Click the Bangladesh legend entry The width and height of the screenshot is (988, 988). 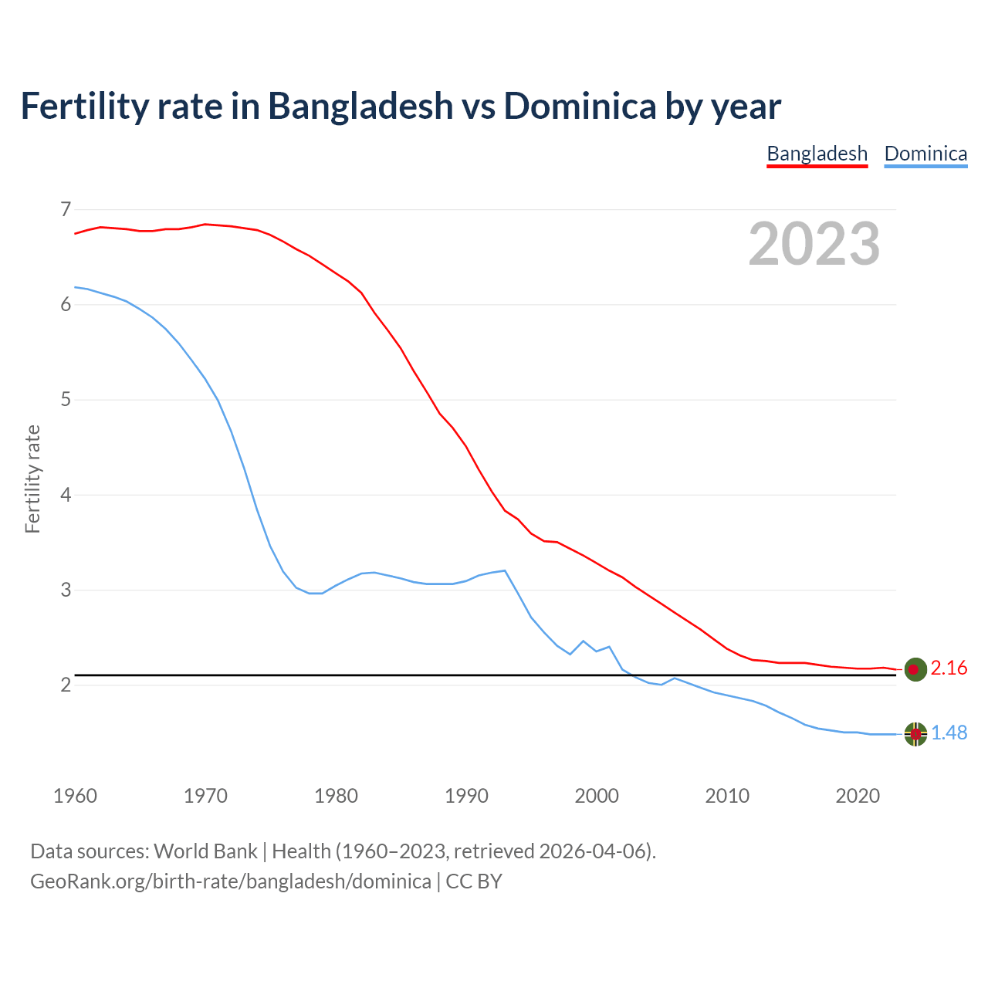[x=817, y=154]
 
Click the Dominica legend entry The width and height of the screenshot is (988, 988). [x=925, y=154]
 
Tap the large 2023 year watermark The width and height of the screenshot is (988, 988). [x=814, y=244]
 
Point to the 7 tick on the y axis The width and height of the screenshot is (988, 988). [x=65, y=209]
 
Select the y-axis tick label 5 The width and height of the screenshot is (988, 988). [x=65, y=400]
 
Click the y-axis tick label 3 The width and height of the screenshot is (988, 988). [x=65, y=590]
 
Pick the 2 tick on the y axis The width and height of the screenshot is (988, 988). [x=65, y=685]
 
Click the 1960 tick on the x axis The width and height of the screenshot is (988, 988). [x=75, y=796]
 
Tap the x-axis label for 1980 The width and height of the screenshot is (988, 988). [x=336, y=796]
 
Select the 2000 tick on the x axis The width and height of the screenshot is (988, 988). [x=597, y=796]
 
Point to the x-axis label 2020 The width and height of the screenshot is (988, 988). [x=858, y=796]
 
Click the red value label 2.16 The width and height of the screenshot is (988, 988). [x=949, y=668]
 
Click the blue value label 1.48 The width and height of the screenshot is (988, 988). [x=949, y=733]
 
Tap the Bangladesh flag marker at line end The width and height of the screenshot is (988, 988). [x=915, y=669]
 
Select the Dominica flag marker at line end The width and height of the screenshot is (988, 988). [x=915, y=734]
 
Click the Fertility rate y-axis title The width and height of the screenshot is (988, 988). [x=32, y=479]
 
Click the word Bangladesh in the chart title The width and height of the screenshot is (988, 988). [x=360, y=106]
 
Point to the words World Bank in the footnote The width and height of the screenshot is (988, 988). [x=205, y=851]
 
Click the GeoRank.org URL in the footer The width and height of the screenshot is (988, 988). [x=230, y=881]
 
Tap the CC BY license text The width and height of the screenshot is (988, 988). [x=474, y=881]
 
